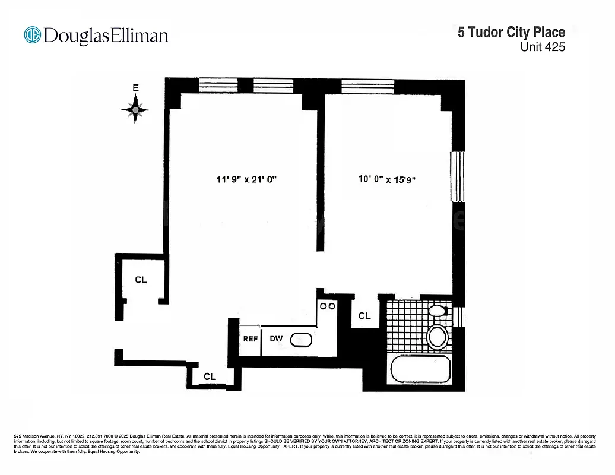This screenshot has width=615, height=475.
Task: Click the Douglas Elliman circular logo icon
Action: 32,35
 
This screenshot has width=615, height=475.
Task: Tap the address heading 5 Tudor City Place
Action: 511,32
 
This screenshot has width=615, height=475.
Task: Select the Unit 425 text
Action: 543,47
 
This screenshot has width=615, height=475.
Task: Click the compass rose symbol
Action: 135,109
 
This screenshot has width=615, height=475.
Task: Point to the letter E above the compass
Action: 135,88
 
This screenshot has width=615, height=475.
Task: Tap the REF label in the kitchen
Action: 250,339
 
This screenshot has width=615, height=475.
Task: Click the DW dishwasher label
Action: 276,339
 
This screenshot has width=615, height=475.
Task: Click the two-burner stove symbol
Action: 328,306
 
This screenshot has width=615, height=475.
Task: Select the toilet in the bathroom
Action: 438,336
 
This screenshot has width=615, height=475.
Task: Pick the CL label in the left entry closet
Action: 141,280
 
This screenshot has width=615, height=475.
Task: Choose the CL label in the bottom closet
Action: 210,376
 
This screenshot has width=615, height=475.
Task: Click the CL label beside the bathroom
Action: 364,316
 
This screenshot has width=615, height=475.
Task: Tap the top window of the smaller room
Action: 367,85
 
